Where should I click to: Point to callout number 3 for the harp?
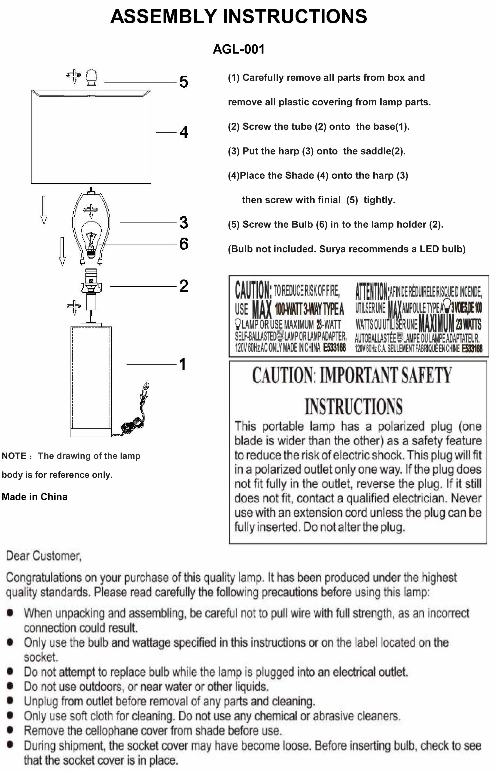point(184,222)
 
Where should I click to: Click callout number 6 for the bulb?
point(184,244)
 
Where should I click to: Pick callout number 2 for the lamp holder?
point(184,286)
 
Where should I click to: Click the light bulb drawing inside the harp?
point(91,237)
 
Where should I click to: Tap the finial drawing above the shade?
point(91,77)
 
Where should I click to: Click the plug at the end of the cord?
point(146,388)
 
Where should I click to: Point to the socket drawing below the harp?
point(91,281)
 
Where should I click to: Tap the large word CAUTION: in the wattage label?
point(253,290)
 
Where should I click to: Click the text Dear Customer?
point(44,556)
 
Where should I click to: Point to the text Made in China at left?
point(34,497)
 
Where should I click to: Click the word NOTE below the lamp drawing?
point(14,456)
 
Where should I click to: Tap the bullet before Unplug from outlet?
point(10,700)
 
